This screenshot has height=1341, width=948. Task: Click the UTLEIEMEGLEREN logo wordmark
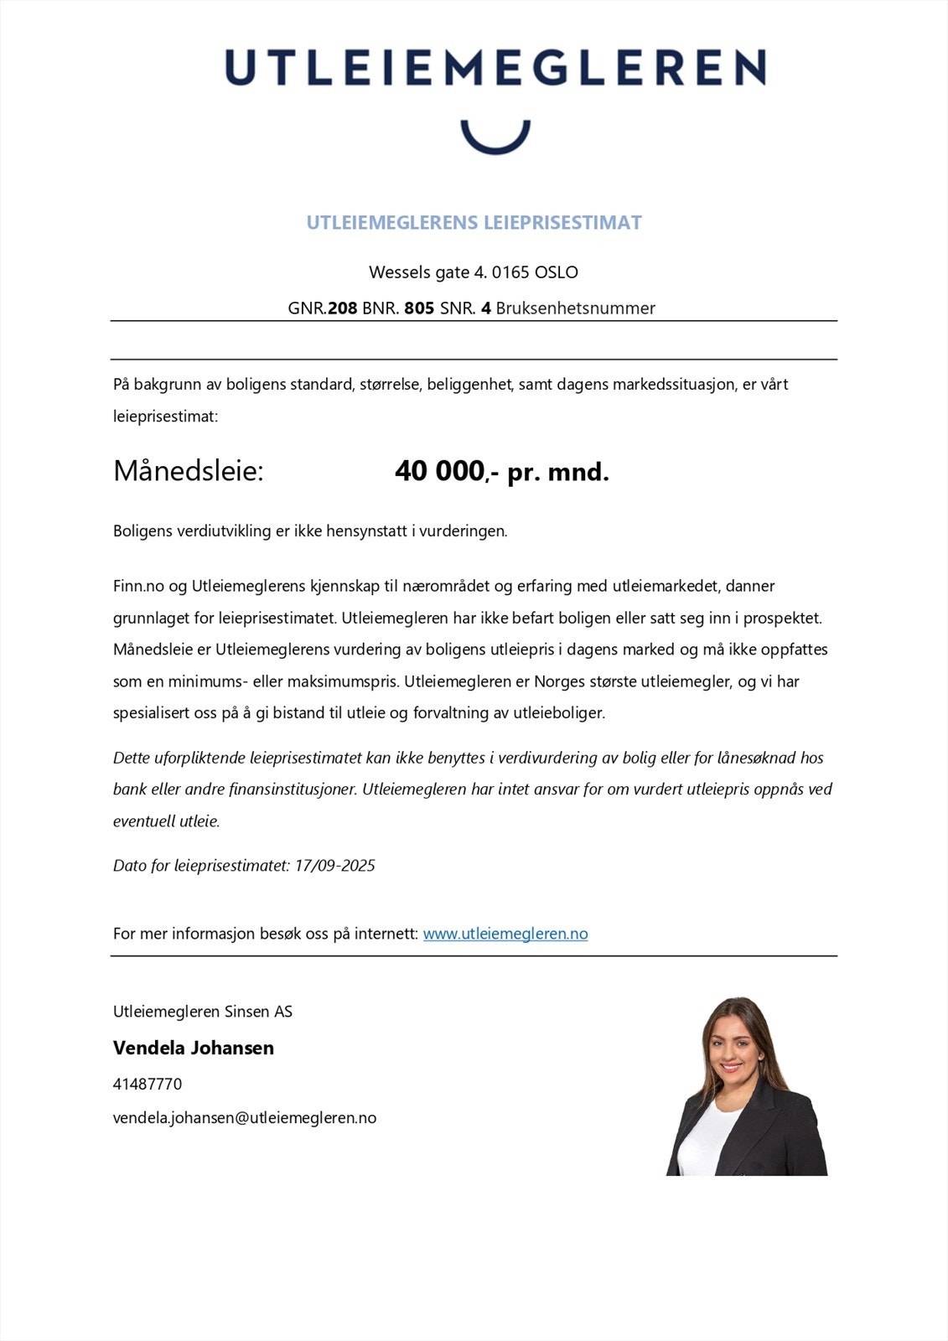pyautogui.click(x=495, y=68)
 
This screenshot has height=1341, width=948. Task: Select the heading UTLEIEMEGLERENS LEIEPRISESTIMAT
pyautogui.click(x=474, y=223)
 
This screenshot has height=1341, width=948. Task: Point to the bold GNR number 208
pyautogui.click(x=342, y=308)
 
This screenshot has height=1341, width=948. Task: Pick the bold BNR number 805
pyautogui.click(x=419, y=308)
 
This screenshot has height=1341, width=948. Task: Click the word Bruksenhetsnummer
pyautogui.click(x=575, y=308)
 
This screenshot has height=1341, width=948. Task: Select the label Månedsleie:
pyautogui.click(x=189, y=471)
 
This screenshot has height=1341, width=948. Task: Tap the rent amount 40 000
pyautogui.click(x=439, y=472)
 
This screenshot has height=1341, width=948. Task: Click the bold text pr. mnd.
pyautogui.click(x=558, y=473)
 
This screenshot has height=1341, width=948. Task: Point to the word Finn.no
pyautogui.click(x=138, y=586)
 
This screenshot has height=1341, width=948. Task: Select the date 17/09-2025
pyautogui.click(x=334, y=866)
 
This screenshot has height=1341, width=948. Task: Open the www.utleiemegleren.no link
pyautogui.click(x=505, y=934)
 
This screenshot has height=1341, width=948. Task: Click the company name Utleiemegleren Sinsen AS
pyautogui.click(x=203, y=1012)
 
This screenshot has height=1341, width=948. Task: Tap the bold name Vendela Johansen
pyautogui.click(x=194, y=1048)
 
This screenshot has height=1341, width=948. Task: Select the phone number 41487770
pyautogui.click(x=148, y=1084)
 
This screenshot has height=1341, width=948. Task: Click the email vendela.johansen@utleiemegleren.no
pyautogui.click(x=245, y=1118)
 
